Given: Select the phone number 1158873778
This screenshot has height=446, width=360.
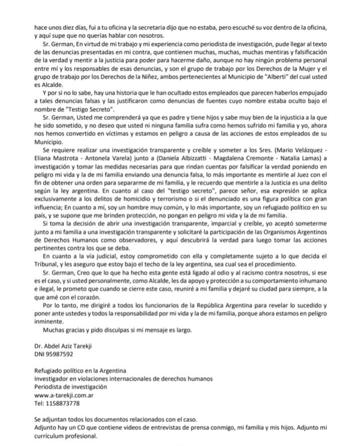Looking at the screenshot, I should pos(58,403).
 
